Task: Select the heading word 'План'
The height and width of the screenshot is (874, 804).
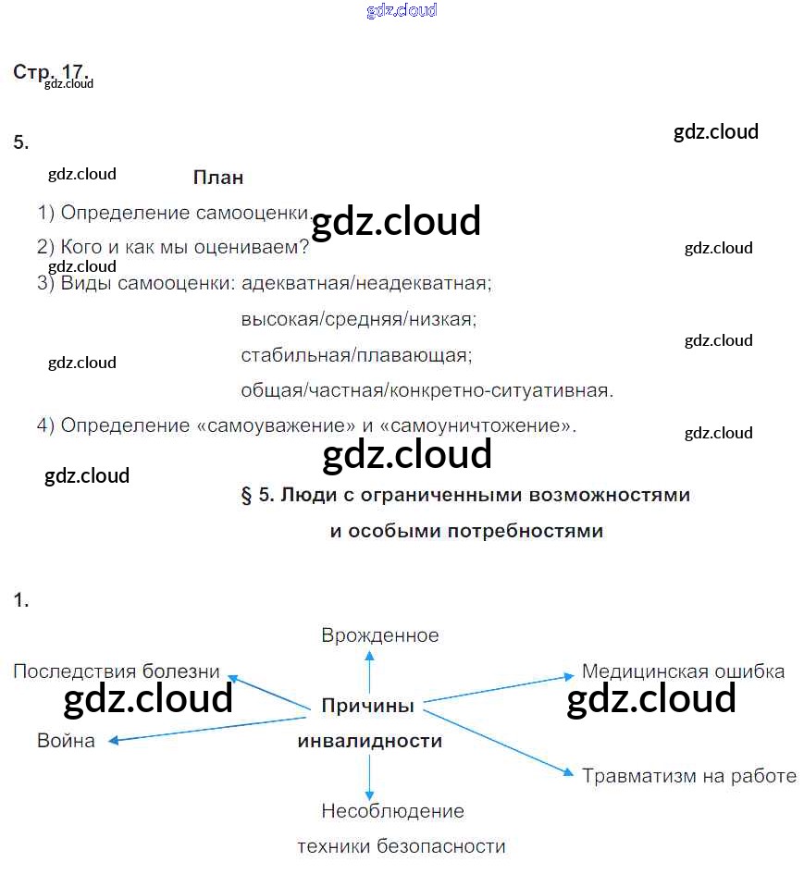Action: (x=218, y=178)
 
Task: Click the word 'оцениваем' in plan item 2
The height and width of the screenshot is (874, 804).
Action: (x=248, y=248)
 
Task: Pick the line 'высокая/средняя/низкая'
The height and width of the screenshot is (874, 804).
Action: (x=357, y=320)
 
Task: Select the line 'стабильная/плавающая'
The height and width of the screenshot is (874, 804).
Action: (x=355, y=355)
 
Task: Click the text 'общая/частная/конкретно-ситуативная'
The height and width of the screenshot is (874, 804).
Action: (x=426, y=390)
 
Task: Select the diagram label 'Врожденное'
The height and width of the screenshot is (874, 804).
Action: (x=379, y=635)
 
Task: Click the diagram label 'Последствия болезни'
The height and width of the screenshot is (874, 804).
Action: (x=117, y=671)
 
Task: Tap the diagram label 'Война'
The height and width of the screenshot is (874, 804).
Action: (x=66, y=741)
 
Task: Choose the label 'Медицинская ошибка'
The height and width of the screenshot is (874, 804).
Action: (x=683, y=671)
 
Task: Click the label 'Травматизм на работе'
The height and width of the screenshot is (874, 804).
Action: (x=689, y=776)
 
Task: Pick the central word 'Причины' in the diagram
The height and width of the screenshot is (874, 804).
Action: (x=367, y=706)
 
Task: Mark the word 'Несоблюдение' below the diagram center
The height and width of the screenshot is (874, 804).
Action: (x=392, y=811)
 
